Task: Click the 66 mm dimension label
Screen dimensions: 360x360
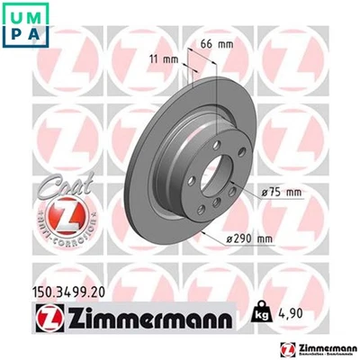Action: pyautogui.click(x=213, y=43)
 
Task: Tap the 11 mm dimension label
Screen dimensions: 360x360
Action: pyautogui.click(x=157, y=59)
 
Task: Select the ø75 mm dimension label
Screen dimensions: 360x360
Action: pyautogui.click(x=281, y=190)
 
